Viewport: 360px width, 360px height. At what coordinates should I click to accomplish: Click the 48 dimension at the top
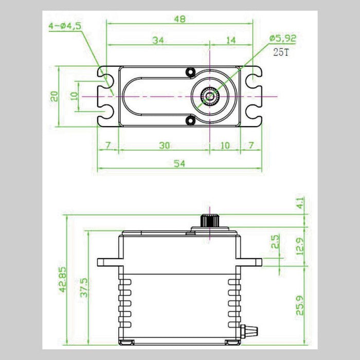coord(179,19)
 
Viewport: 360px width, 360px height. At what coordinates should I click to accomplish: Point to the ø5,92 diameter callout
coord(283,38)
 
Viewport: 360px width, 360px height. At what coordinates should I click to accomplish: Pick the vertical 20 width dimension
coord(55,96)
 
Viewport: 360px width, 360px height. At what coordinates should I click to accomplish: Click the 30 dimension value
coord(164,145)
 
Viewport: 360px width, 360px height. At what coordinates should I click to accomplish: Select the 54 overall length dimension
coord(178,163)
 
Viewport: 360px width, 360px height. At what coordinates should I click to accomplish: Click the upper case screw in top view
coord(190,70)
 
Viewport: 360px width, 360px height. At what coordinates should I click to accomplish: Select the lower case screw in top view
coord(190,121)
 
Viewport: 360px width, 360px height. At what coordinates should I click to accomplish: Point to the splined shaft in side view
coord(210,220)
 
